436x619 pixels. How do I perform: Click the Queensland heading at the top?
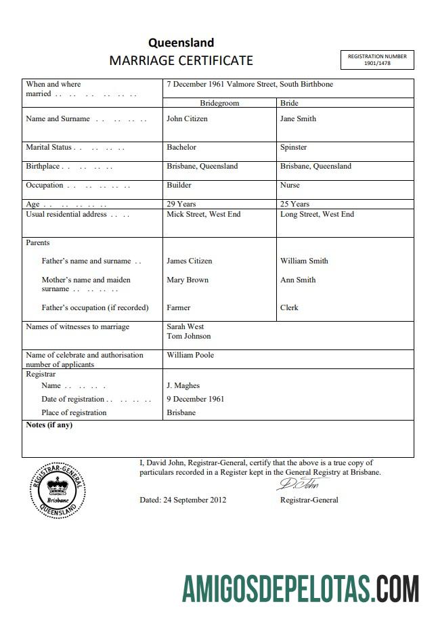(x=181, y=43)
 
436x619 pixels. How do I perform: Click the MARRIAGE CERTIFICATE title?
(x=181, y=60)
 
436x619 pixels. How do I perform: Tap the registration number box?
(x=376, y=60)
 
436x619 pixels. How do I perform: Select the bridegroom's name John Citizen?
(x=187, y=119)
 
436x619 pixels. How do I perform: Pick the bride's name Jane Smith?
(x=298, y=119)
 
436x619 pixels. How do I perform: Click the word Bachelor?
(x=181, y=147)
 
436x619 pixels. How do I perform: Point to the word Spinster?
(x=293, y=147)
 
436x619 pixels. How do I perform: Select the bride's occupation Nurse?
(x=290, y=185)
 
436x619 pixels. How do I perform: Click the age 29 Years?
(x=181, y=204)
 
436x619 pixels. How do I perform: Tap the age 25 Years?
(x=295, y=204)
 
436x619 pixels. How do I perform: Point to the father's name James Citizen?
(x=189, y=261)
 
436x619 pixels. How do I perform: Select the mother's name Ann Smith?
(x=298, y=280)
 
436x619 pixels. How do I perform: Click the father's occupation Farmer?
(x=179, y=307)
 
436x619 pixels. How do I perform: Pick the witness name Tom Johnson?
(x=188, y=336)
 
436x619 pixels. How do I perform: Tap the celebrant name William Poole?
(x=190, y=355)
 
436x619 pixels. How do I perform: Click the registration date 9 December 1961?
(x=195, y=399)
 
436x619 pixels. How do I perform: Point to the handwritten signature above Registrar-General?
(x=302, y=485)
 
